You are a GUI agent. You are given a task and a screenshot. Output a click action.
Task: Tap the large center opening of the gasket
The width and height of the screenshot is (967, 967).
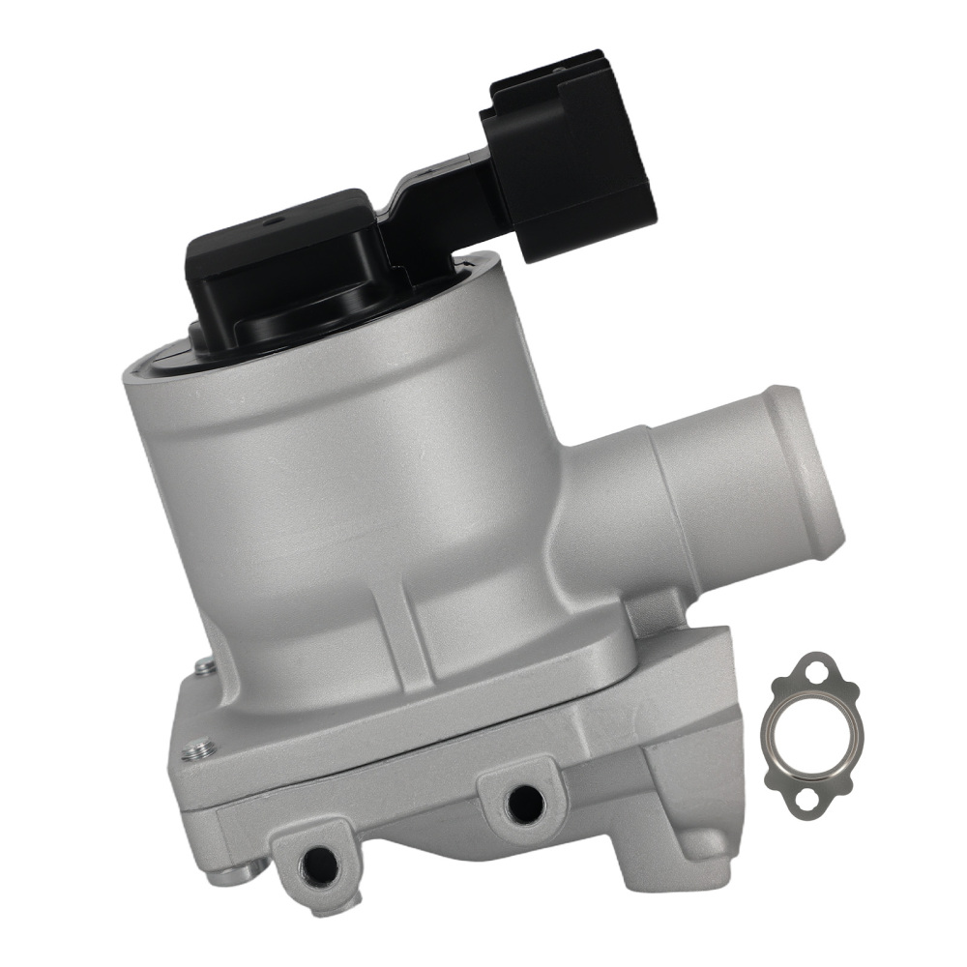click(810, 731)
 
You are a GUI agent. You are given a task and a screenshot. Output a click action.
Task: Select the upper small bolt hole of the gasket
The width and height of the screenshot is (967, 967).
click(821, 668)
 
